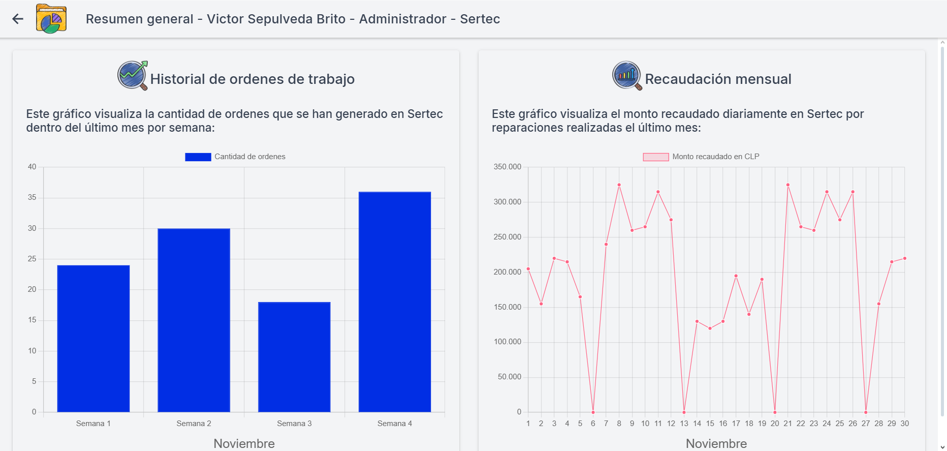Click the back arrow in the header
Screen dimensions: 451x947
18,19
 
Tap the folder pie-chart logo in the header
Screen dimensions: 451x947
51,19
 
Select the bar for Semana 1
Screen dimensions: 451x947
93,338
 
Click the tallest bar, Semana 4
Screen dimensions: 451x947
395,302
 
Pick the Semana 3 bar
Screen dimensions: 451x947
294,356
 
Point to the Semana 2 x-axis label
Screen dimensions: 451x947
194,424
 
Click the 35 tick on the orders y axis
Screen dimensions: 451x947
32,197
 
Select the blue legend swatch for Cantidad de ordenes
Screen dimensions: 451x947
198,157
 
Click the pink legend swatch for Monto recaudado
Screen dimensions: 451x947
655,157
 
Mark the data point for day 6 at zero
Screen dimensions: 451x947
593,412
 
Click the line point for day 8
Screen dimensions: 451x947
619,185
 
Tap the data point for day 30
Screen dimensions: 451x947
905,258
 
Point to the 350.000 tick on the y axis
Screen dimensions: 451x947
507,167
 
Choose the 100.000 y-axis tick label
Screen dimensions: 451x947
507,342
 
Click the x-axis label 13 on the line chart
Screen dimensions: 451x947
684,424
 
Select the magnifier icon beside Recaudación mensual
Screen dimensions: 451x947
627,76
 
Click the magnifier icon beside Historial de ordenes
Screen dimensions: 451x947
133,76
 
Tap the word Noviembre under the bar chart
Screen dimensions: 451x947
244,443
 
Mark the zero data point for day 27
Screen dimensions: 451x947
866,412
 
